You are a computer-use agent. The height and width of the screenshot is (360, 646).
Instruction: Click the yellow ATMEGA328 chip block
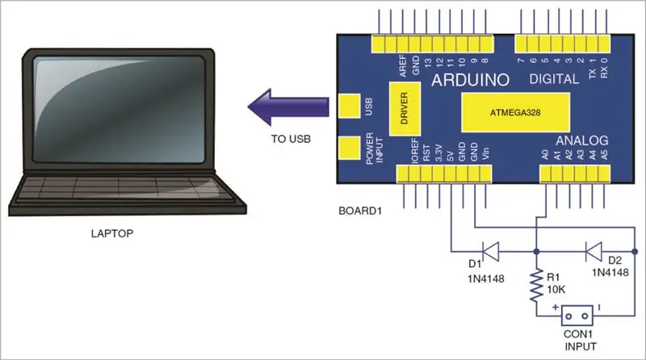click(515, 112)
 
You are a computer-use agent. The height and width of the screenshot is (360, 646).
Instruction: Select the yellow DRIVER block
click(405, 109)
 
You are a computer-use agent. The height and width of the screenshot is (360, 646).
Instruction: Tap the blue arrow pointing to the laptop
click(288, 107)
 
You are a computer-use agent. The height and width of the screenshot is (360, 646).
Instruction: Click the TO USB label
click(291, 139)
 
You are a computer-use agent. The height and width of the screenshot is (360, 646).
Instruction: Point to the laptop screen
click(120, 109)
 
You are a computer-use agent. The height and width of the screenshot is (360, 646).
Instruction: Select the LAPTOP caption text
click(112, 233)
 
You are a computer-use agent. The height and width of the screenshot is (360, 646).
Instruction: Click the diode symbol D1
click(490, 251)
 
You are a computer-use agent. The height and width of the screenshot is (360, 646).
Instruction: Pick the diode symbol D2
click(594, 251)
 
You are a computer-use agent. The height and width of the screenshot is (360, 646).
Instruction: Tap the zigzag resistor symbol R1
click(536, 285)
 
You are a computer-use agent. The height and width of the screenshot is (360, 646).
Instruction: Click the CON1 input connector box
click(577, 316)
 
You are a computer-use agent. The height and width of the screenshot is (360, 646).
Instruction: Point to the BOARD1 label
click(360, 211)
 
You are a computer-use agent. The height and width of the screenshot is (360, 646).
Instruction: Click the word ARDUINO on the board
click(471, 80)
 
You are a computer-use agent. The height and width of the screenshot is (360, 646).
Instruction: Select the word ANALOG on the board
click(582, 141)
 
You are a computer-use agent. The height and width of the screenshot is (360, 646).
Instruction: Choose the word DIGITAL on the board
click(554, 78)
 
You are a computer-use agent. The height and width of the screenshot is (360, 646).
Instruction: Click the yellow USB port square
click(350, 106)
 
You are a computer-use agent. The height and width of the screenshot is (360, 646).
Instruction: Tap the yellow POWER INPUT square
click(350, 148)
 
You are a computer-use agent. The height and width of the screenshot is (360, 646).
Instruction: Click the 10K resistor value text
click(556, 290)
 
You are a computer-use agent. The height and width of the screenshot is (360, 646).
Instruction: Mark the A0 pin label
click(545, 155)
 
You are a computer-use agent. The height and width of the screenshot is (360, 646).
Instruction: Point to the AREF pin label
click(403, 66)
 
